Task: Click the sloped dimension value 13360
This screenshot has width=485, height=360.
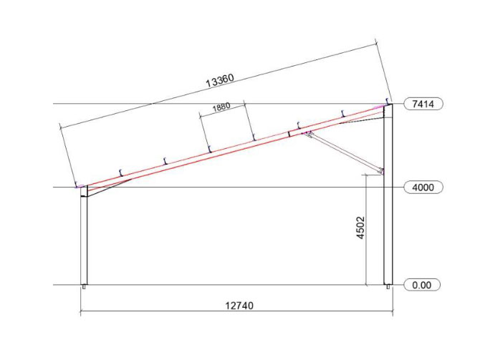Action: (220, 81)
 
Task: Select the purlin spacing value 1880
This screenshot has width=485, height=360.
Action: (221, 108)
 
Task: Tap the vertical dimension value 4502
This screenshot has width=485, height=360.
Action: (360, 228)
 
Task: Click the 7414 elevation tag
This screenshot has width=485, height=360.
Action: (423, 104)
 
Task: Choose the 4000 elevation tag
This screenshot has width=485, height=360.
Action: (423, 188)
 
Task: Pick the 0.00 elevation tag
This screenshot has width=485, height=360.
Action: (423, 285)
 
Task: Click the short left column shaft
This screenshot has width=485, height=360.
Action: (84, 239)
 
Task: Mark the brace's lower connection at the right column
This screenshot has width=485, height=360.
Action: (380, 171)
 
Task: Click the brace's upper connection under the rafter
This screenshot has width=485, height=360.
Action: (307, 133)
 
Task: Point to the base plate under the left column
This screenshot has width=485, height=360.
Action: (84, 287)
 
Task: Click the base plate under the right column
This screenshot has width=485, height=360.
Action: (388, 287)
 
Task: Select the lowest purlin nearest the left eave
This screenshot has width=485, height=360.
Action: (123, 171)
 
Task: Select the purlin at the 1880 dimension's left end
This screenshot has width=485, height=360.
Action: (208, 148)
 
